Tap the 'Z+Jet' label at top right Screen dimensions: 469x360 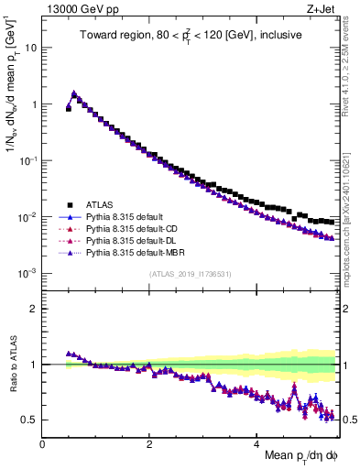(321, 9)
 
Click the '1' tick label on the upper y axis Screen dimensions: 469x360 (34, 104)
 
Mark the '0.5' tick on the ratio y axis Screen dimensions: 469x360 (29, 420)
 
